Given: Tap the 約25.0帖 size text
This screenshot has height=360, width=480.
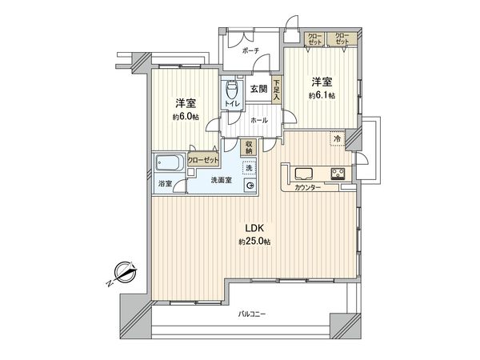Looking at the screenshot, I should tap(254, 242).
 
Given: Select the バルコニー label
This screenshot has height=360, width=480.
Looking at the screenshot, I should tap(251, 314).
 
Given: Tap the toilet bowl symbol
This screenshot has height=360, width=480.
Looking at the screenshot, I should tap(233, 90).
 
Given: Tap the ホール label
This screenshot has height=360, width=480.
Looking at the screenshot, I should tap(258, 119).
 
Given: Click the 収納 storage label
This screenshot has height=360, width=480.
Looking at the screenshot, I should tap(249, 147).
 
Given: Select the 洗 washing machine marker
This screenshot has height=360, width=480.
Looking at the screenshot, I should tap(249, 167).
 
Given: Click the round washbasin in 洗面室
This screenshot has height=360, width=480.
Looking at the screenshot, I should tap(250, 186).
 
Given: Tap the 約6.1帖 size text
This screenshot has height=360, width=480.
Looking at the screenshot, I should tap(322, 94).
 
